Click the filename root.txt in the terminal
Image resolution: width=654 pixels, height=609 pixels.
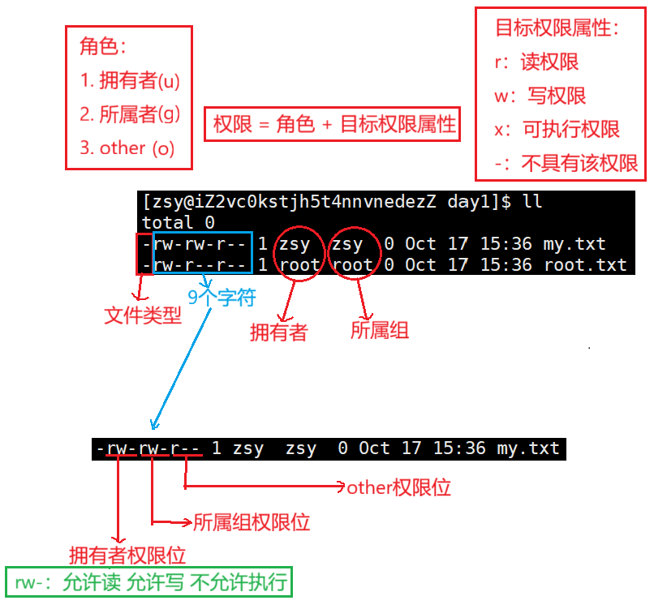click(x=585, y=264)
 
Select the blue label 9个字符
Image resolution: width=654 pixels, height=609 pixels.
click(x=222, y=298)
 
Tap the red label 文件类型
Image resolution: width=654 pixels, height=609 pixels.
click(x=143, y=315)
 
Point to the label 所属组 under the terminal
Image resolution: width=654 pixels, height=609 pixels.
click(x=379, y=330)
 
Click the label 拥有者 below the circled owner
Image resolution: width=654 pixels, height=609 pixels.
click(x=278, y=332)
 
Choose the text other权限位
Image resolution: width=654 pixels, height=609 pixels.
click(x=398, y=487)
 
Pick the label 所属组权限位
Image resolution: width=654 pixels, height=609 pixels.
click(x=252, y=521)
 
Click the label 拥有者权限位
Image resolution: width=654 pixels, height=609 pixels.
click(x=127, y=555)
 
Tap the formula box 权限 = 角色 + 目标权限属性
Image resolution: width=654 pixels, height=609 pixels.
click(x=332, y=125)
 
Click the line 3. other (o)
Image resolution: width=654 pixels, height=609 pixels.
click(x=127, y=148)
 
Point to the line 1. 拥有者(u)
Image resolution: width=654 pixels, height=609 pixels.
click(x=130, y=81)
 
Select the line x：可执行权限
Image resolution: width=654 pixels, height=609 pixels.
click(x=557, y=129)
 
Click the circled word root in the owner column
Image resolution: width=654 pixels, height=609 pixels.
click(x=299, y=264)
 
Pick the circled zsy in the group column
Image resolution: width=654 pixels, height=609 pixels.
click(x=347, y=244)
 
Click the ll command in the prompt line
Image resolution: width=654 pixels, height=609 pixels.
click(x=532, y=202)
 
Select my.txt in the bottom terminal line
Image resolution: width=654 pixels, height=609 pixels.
click(x=528, y=448)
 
